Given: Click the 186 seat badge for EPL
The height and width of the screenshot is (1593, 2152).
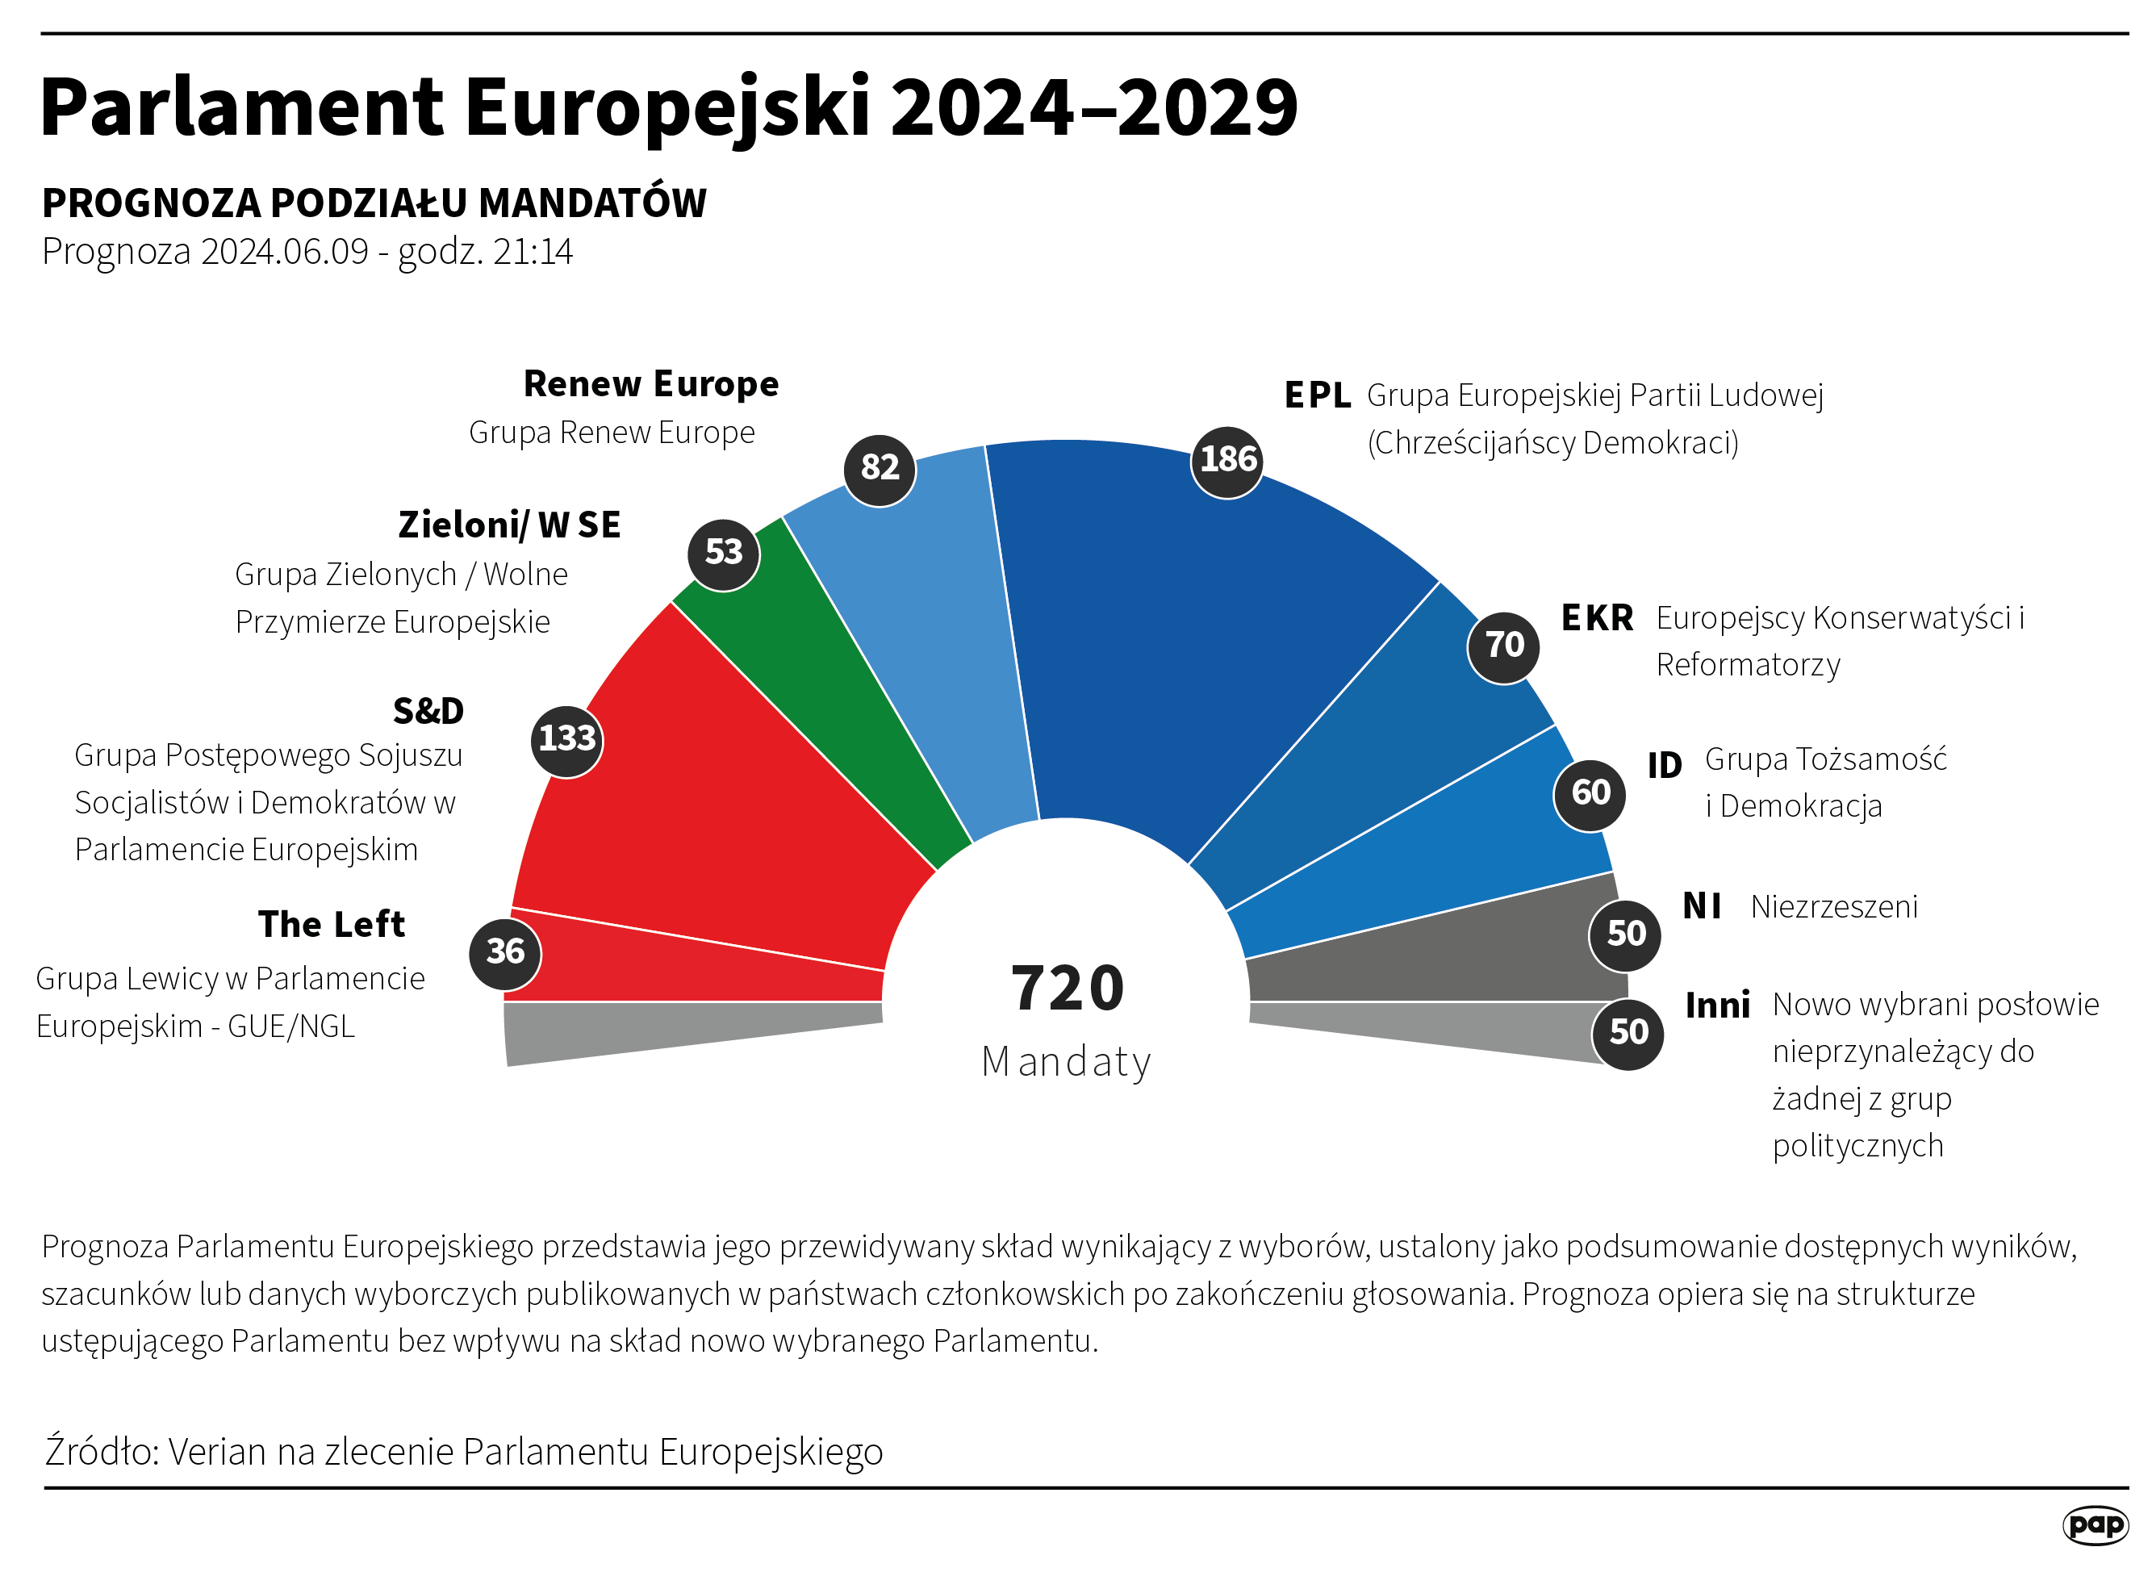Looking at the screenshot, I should click(1226, 461).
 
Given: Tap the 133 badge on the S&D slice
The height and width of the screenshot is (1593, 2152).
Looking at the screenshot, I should click(567, 739).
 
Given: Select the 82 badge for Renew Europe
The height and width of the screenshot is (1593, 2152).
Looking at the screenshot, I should click(880, 469).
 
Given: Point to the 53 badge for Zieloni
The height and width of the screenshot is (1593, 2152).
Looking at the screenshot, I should click(723, 554).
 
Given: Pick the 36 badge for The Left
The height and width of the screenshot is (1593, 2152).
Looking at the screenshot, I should click(505, 953).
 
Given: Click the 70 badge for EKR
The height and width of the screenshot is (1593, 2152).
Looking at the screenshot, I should click(1503, 646).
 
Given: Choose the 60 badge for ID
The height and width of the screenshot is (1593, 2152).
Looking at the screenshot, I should click(1590, 793).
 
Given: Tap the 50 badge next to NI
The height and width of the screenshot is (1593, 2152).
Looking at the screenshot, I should click(1626, 934).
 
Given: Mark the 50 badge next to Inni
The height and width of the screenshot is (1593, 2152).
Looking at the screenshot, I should click(1628, 1033).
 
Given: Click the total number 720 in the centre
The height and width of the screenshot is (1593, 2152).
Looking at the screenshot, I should click(1068, 989).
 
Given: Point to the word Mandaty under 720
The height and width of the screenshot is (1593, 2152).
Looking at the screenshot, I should click(1067, 1063).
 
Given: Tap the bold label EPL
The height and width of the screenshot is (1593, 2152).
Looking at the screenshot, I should click(1317, 395).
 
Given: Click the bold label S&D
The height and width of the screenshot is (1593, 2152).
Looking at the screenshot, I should click(428, 712).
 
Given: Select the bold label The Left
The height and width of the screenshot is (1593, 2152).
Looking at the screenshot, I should click(331, 925).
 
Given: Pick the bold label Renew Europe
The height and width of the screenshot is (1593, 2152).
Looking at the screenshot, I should click(651, 384).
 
